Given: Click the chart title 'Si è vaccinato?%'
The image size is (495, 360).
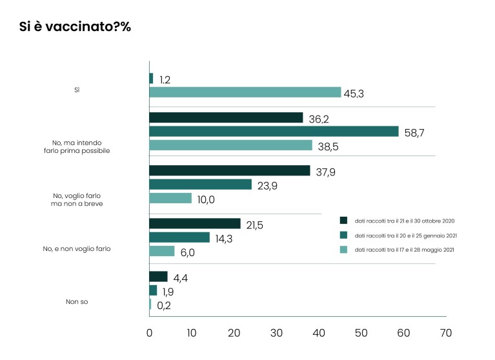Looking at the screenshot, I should tap(76, 28).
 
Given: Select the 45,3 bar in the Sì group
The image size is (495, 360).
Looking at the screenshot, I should tap(245, 92).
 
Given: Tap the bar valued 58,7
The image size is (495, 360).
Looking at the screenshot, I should tap(274, 132).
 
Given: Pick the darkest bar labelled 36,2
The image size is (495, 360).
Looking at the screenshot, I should tap(226, 117).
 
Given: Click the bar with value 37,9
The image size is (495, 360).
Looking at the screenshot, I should tap(230, 171).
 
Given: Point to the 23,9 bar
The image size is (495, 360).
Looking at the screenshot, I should tap(200, 185).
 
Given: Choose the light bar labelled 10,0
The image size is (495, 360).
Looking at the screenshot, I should tap(170, 199).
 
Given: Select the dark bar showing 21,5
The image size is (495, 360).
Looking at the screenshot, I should tap(195, 224).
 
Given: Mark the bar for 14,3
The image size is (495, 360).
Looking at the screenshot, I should tap(179, 237).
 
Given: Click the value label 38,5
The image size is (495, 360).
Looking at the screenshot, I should tap(330, 146).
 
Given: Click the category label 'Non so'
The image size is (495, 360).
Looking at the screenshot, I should tap(77, 301).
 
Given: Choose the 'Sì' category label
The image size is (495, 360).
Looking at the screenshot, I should tap(77, 90).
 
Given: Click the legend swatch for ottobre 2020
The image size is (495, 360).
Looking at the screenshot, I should tap(343, 220).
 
